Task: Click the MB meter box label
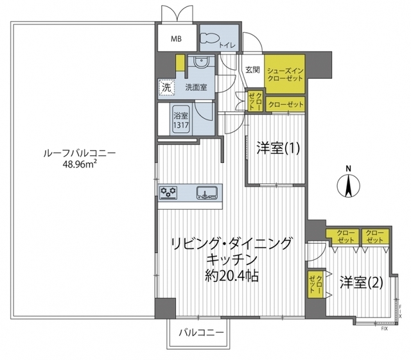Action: click(177, 39)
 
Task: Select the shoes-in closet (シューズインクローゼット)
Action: click(285, 74)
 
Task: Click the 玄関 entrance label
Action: click(252, 70)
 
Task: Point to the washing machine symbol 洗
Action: click(166, 87)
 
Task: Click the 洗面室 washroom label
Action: click(196, 87)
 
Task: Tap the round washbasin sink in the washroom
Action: click(200, 63)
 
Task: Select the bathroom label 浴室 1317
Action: click(181, 120)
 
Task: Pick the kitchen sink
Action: click(207, 193)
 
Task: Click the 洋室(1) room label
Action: click(278, 149)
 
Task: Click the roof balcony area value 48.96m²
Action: click(79, 164)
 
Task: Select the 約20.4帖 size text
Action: click(232, 275)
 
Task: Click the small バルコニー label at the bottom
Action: click(202, 333)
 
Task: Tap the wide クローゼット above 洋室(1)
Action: click(285, 105)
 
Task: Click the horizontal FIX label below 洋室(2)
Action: click(384, 329)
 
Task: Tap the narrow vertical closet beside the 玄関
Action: click(255, 101)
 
